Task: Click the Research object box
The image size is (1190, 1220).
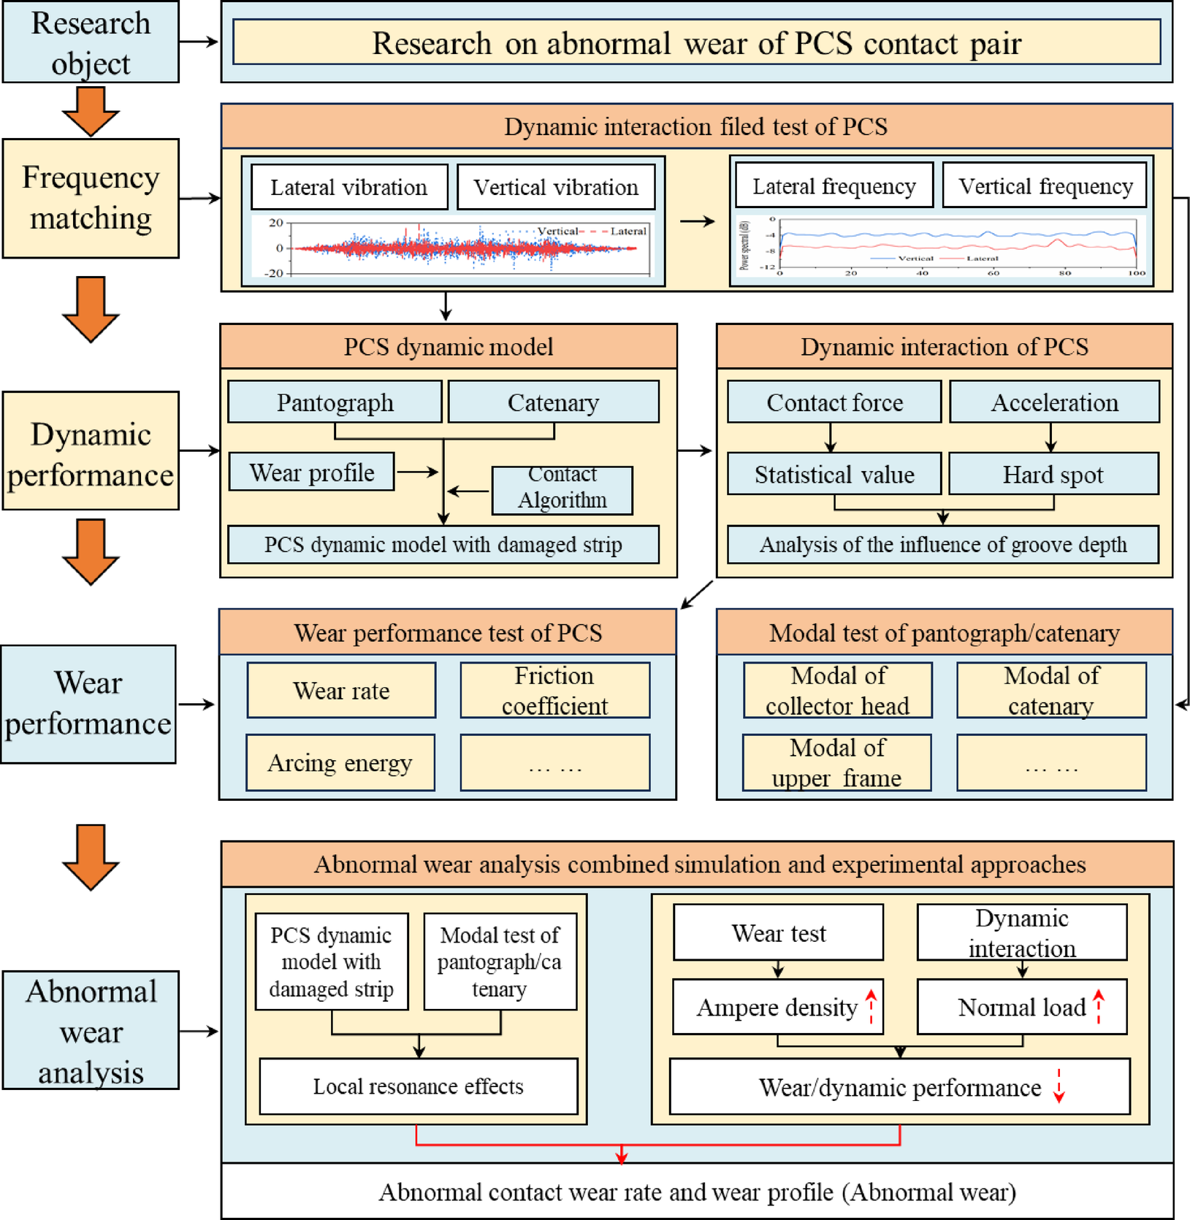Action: [91, 42]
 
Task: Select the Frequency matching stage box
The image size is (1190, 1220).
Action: [91, 198]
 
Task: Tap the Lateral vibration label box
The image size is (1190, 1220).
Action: [348, 188]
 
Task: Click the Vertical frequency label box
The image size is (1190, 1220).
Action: [1045, 186]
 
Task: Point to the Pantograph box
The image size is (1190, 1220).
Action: [335, 402]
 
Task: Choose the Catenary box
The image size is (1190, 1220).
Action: [553, 402]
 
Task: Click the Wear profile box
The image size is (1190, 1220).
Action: [312, 472]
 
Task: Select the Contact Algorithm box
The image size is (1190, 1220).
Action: [562, 488]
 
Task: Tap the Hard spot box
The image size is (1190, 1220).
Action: [1053, 474]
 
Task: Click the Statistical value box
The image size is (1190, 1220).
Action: [834, 474]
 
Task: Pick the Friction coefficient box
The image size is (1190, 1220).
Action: [554, 691]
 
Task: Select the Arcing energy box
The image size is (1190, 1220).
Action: [340, 763]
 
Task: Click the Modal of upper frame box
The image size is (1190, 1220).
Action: [836, 763]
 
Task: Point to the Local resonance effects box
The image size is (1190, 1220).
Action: [418, 1086]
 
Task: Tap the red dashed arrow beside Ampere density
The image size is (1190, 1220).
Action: [871, 1007]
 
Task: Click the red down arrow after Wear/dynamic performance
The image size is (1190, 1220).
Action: [1059, 1086]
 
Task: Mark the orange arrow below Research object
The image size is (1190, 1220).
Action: [91, 111]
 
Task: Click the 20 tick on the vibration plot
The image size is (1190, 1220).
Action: [275, 223]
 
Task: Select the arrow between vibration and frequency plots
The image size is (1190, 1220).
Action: [697, 221]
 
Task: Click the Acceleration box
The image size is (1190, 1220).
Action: [1053, 402]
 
